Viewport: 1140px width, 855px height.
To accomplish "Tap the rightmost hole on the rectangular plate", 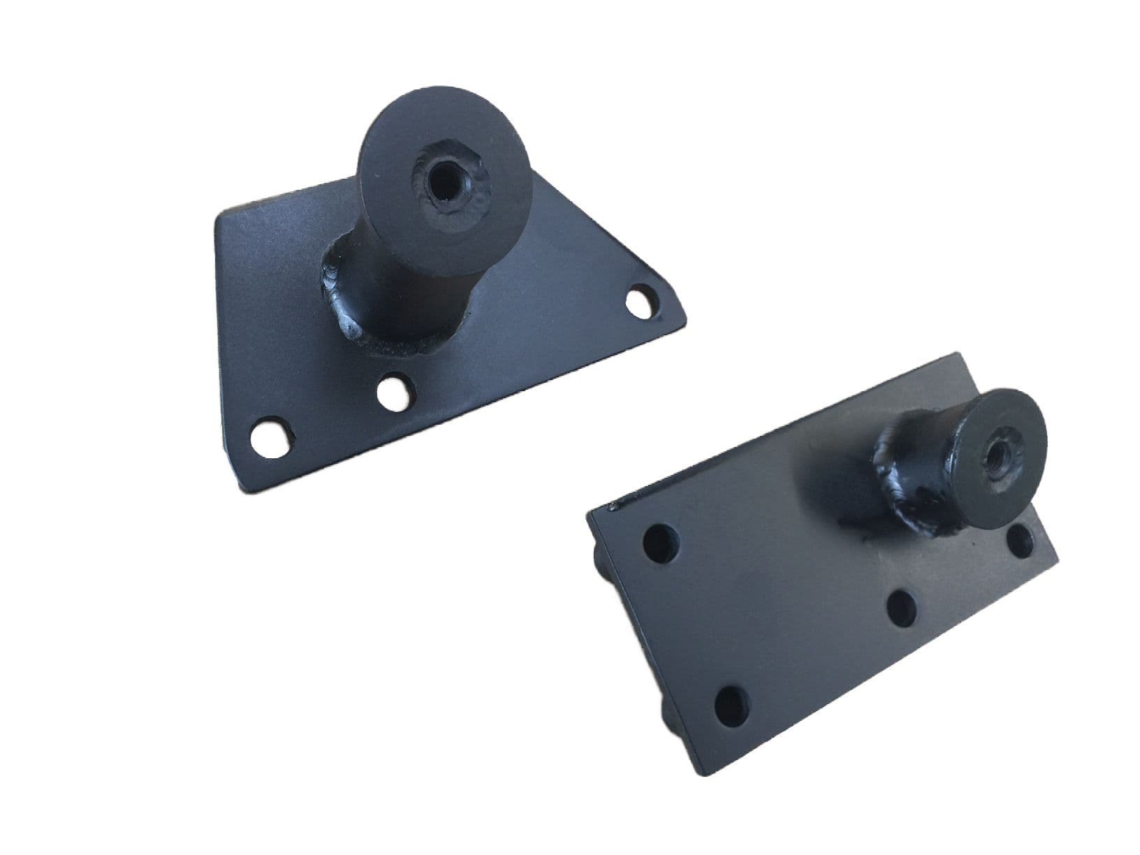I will click(1022, 539).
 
